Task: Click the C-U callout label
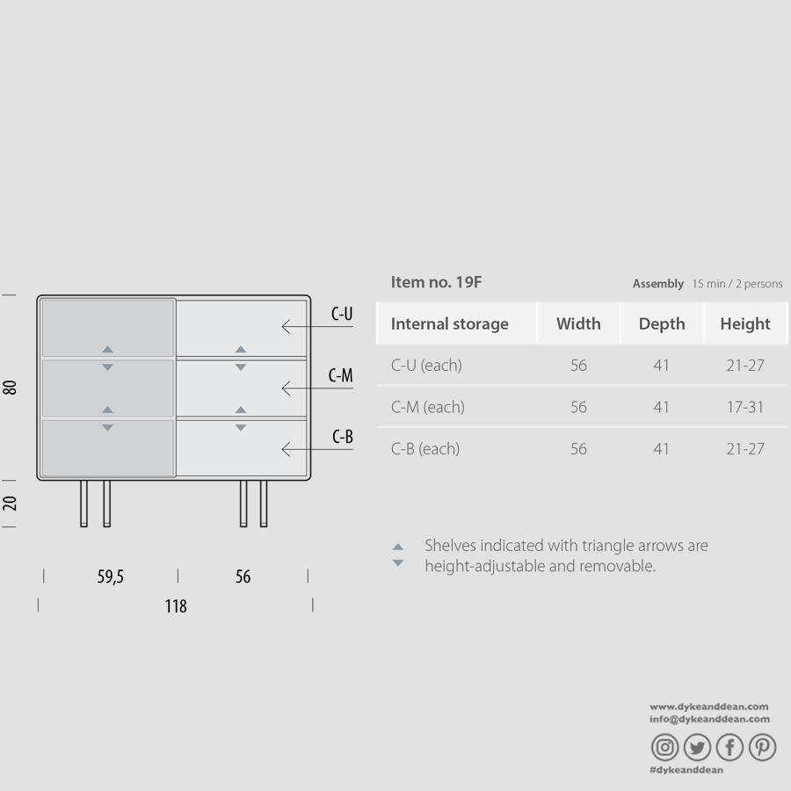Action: click(342, 314)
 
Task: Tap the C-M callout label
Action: click(340, 375)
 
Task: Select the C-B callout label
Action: click(343, 436)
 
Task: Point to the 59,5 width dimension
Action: click(111, 576)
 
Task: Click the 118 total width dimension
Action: click(176, 606)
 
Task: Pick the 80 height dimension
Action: click(10, 388)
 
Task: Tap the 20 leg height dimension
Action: click(10, 503)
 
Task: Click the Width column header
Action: click(578, 323)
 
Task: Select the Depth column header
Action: click(662, 323)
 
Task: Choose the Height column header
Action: click(745, 323)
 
